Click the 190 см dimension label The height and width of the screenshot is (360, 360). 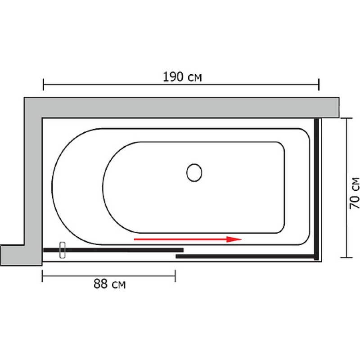coord(182,77)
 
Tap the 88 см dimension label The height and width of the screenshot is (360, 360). coord(109,284)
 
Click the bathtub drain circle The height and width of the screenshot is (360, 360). coord(194,172)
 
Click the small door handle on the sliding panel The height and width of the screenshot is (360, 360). coord(63,250)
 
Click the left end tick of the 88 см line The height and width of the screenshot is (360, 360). coord(42,275)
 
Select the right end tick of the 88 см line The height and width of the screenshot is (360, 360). coord(175,275)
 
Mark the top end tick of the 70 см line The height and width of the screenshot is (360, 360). coord(346,118)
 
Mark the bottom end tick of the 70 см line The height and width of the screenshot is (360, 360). coord(346,257)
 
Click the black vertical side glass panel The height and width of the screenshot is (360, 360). coord(317,189)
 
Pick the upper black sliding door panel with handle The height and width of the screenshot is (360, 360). coord(121,250)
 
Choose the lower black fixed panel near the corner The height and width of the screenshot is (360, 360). coord(243,256)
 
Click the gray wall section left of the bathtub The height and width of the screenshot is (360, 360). coord(33,180)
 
